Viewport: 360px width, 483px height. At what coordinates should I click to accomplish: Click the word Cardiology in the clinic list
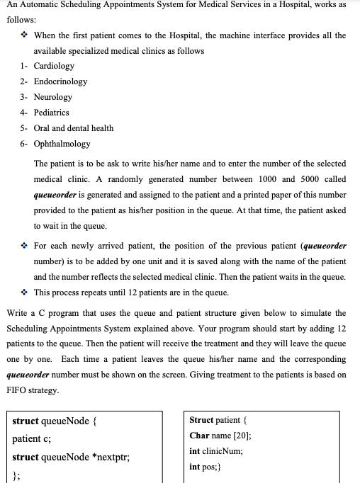(54, 66)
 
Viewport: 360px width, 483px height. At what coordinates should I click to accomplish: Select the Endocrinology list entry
(60, 81)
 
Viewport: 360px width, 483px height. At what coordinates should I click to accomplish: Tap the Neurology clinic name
(53, 97)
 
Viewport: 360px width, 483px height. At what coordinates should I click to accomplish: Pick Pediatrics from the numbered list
(52, 113)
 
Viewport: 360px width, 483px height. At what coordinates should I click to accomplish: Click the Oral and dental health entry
(74, 128)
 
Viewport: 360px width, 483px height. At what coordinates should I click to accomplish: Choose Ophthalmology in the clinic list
(62, 144)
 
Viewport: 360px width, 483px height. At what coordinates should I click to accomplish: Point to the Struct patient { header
(220, 419)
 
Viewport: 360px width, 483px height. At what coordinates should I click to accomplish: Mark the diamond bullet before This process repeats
(25, 292)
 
